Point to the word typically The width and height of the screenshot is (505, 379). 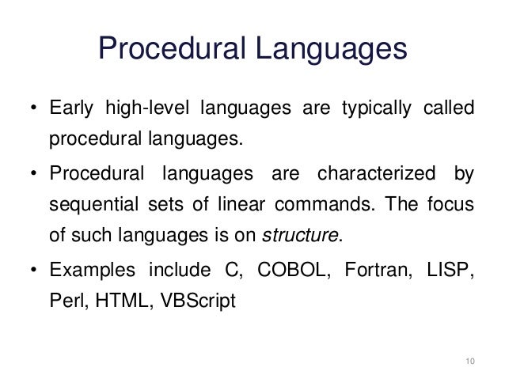(369, 108)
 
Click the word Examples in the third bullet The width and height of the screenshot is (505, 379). (87, 271)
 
